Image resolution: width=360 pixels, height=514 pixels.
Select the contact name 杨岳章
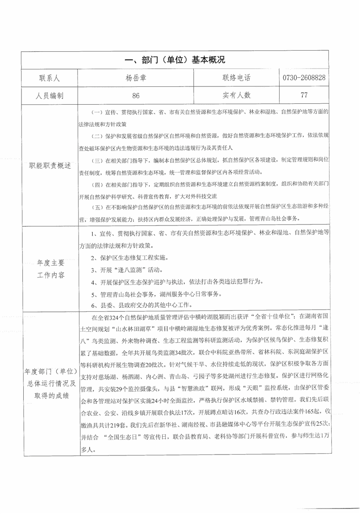coord(135,78)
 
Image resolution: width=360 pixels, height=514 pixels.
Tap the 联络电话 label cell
coord(236,78)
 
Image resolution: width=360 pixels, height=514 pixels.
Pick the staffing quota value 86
coord(135,96)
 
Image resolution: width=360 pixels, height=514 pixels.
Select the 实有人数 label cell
coord(236,96)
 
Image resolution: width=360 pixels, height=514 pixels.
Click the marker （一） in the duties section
coord(96,112)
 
